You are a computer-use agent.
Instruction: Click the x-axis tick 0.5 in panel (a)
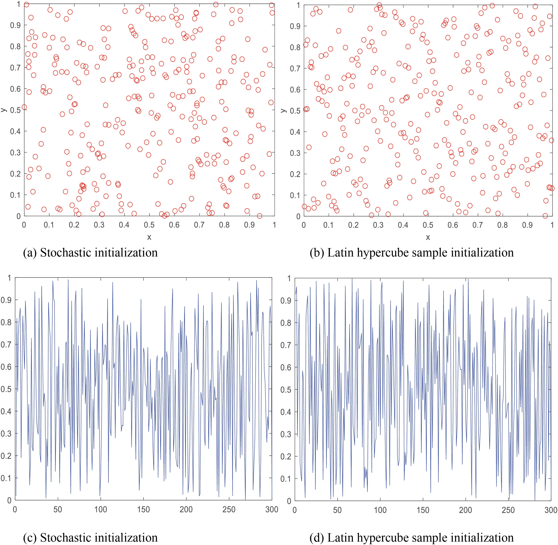click(149, 225)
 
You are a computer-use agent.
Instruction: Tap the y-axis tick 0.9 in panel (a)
click(15, 25)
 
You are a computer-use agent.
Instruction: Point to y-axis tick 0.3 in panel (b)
click(295, 153)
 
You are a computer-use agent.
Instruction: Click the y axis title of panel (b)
click(283, 111)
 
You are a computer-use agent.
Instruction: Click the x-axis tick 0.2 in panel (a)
click(74, 225)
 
